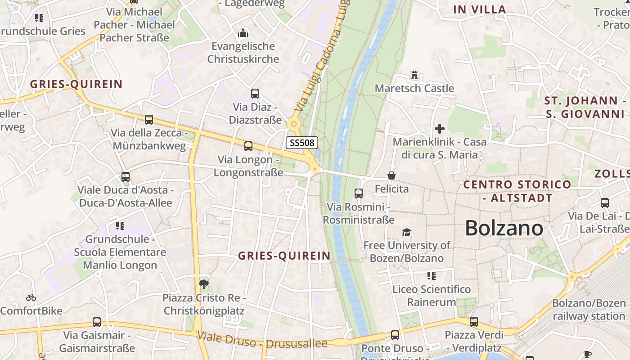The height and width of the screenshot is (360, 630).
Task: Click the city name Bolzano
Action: [504, 228]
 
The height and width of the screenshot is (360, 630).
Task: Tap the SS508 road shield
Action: [302, 143]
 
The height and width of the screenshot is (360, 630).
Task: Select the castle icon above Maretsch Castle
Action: [414, 75]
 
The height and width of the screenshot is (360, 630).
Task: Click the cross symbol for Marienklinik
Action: [440, 129]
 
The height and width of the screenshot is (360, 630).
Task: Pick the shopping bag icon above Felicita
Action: [391, 175]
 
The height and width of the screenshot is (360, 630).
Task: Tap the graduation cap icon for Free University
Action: [406, 232]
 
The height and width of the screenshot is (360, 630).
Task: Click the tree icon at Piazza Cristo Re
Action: [204, 284]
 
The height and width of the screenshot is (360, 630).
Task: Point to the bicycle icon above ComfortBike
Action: [31, 297]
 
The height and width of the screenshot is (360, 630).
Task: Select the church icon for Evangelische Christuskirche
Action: [243, 33]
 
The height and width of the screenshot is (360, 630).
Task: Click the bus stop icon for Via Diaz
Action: [255, 94]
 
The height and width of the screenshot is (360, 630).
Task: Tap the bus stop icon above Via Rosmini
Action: [359, 193]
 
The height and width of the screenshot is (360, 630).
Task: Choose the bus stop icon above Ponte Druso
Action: [395, 335]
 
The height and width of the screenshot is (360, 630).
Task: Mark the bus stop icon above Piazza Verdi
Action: [473, 322]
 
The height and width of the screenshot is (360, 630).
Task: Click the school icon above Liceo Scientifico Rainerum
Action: [431, 275]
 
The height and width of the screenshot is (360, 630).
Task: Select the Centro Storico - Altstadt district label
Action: [517, 191]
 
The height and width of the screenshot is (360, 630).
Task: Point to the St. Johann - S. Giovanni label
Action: [585, 107]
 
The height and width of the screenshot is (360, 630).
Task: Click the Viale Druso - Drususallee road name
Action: [262, 340]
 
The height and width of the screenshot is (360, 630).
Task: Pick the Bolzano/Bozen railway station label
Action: [589, 310]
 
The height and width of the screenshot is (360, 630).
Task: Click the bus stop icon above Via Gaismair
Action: [97, 322]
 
